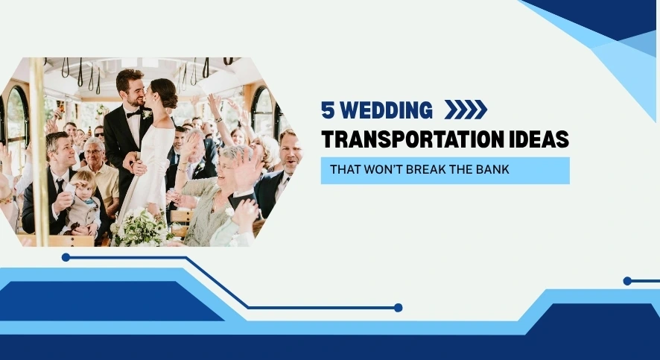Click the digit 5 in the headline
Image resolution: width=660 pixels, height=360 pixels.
[x=327, y=110]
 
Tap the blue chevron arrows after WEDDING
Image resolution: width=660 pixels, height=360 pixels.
[x=466, y=110]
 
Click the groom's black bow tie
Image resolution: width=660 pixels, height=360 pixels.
[x=134, y=113]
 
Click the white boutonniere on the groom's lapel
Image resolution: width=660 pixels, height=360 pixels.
[x=147, y=115]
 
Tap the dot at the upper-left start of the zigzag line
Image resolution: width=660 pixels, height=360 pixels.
[x=66, y=257]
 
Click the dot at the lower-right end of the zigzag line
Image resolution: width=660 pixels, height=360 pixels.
[x=398, y=307]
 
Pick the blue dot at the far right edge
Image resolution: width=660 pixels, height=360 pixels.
[x=627, y=281]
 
